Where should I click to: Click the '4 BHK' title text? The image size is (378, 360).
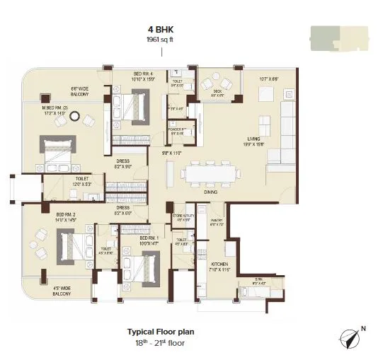point(160,30)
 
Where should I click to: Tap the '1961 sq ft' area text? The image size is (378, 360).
point(160,40)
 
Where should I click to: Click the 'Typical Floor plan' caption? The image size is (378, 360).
point(160,331)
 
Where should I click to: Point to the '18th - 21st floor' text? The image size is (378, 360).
point(160,342)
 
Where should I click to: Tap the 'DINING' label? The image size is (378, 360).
point(210,191)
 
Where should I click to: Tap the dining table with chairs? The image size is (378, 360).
point(210,172)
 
